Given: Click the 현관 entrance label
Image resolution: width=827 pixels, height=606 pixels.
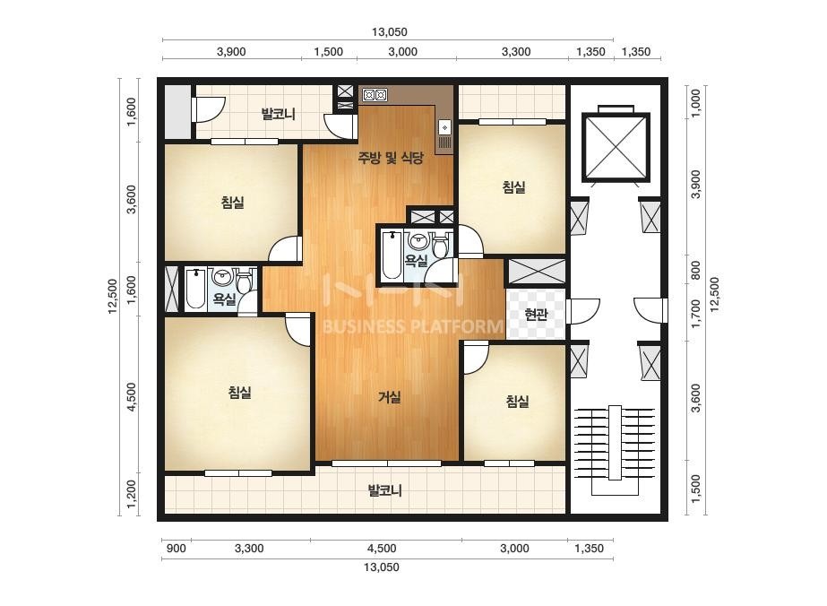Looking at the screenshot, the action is (536, 316).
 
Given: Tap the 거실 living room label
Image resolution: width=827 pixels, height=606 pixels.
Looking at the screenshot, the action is (389, 397).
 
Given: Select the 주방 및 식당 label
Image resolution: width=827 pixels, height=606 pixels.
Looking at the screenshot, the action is (391, 157).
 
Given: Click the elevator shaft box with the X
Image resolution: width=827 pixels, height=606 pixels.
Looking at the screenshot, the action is (615, 148).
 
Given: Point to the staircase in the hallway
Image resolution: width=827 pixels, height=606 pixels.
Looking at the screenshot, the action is (615, 450).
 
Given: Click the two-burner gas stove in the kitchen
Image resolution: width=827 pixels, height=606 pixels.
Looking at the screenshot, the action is (375, 96).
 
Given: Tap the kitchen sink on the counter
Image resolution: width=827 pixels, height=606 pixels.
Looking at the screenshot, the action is (444, 128).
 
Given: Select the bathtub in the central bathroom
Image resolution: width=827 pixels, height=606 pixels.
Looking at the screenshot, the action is (392, 255).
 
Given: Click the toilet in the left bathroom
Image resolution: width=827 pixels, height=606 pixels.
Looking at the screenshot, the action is (244, 281).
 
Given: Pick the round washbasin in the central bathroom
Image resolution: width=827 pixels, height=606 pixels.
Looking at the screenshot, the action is (419, 241).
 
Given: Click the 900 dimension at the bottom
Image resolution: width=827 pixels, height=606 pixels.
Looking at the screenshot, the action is (176, 549).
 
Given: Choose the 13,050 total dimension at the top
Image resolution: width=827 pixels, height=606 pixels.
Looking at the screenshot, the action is (389, 31).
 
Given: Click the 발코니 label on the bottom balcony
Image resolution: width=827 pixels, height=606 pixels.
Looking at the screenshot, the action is (384, 491).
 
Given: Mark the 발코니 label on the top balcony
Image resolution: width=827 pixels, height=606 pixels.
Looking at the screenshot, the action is (279, 114).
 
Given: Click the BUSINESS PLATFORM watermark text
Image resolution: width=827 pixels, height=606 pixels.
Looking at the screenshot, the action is (412, 326).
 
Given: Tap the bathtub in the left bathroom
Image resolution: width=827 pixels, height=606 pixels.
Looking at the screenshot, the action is (195, 290).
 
